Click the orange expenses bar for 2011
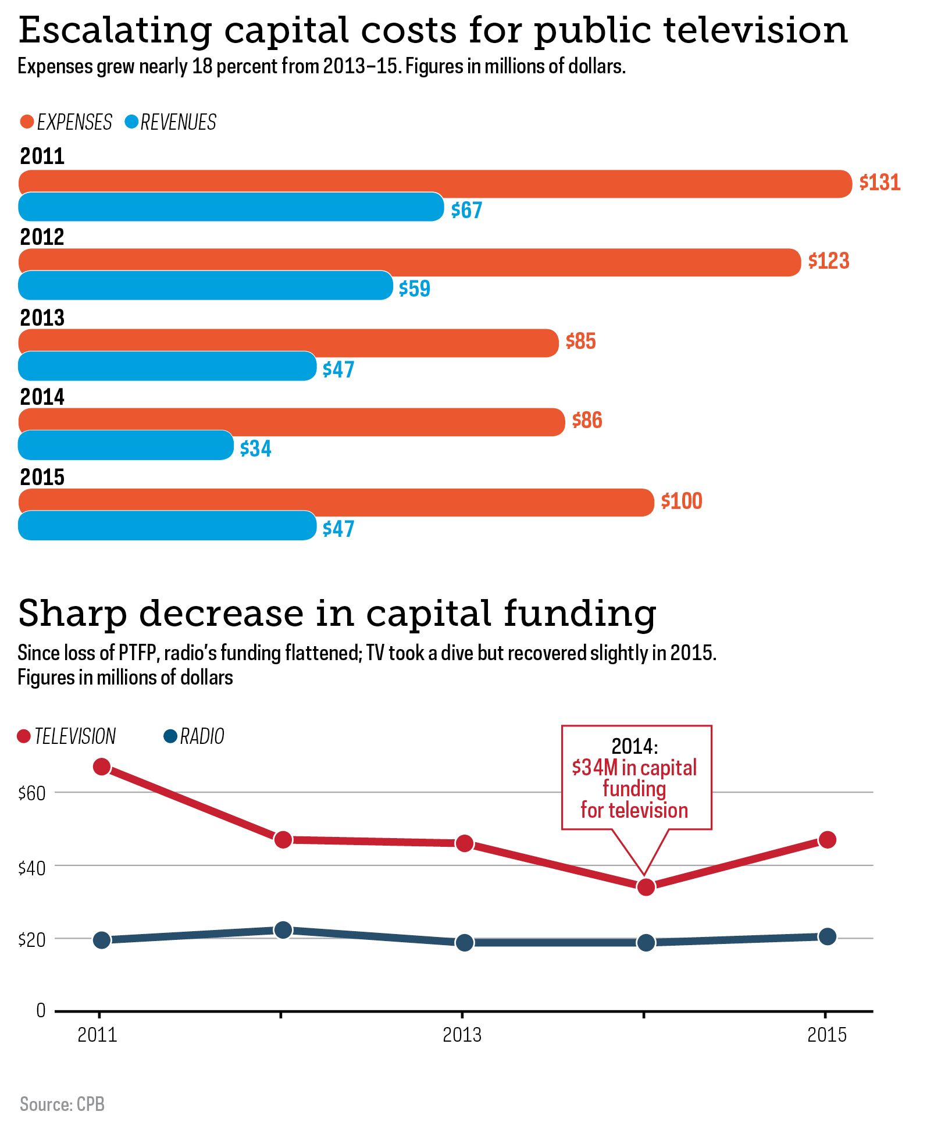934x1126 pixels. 435,184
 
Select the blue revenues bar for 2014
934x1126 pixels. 126,446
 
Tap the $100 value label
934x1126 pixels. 682,501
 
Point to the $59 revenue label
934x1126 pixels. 415,288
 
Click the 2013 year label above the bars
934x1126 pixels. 42,318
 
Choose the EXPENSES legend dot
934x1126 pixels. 27,122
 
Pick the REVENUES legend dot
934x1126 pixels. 131,122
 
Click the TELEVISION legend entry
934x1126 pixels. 67,736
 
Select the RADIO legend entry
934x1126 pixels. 194,736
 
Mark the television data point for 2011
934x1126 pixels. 102,767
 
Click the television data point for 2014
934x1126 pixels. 646,887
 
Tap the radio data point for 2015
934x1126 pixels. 827,936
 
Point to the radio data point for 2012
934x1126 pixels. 283,930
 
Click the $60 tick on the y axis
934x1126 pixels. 32,793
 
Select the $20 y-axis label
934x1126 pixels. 32,940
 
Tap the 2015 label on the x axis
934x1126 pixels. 827,1035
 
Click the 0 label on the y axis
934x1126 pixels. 41,1010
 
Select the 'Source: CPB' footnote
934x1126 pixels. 62,1104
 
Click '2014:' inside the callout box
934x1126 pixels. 634,746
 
